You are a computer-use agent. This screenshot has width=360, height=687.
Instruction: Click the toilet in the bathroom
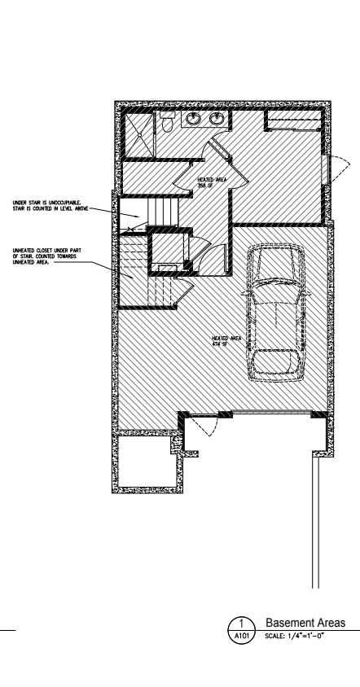(x=167, y=122)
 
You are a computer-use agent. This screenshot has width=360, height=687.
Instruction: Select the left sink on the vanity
(x=192, y=119)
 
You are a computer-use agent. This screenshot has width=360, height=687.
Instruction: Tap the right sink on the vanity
(x=216, y=119)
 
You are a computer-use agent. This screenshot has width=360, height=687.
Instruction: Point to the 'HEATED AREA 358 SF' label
(x=213, y=182)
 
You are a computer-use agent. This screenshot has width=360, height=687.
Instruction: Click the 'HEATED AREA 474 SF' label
(x=226, y=341)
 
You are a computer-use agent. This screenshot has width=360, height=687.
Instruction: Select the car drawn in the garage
(x=276, y=313)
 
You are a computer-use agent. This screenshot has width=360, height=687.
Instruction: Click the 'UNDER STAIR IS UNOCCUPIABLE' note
(x=50, y=205)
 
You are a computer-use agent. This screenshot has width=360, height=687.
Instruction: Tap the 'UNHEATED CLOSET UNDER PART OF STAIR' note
(x=47, y=256)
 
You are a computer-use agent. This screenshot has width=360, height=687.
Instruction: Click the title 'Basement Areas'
(x=305, y=623)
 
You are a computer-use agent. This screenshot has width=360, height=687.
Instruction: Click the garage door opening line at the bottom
(x=271, y=411)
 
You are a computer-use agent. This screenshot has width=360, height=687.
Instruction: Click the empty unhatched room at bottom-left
(x=147, y=462)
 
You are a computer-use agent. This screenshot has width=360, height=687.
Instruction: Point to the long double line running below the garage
(x=316, y=520)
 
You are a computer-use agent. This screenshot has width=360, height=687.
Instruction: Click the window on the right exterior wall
(x=325, y=169)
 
